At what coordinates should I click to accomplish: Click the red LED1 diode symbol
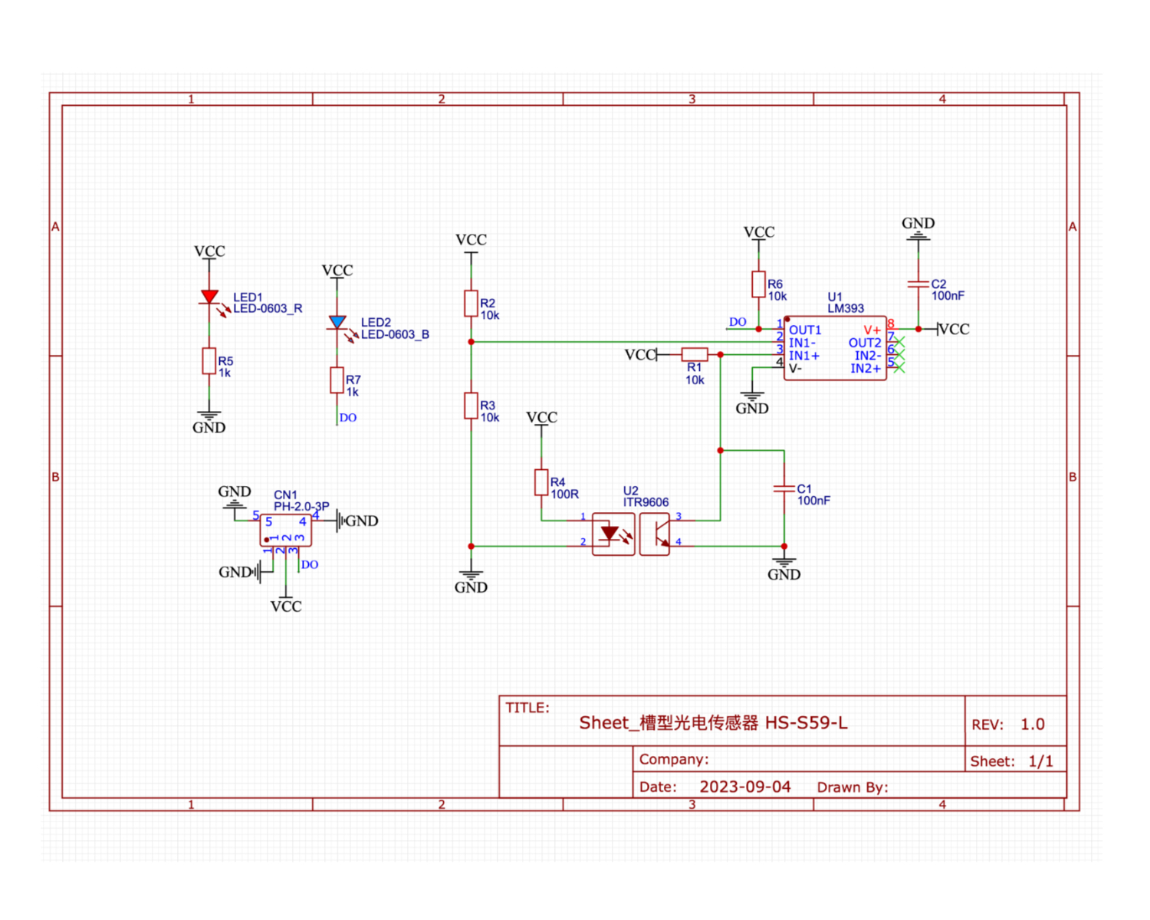(209, 297)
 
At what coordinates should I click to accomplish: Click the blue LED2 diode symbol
(337, 322)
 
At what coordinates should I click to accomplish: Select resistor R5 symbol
(209, 361)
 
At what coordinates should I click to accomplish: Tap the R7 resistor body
(337, 380)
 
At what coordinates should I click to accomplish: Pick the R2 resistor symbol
(472, 304)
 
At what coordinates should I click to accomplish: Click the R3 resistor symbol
(472, 406)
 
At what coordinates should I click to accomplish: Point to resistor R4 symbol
(541, 482)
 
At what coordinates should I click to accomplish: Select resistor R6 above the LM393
(758, 284)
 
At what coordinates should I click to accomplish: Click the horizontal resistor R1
(695, 354)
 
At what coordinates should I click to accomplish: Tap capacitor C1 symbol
(784, 488)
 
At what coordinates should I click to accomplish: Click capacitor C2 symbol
(918, 284)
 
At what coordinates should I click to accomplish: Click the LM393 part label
(846, 308)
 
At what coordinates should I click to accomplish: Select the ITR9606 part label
(646, 502)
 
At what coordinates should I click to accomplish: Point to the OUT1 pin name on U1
(805, 330)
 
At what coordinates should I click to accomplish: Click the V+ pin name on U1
(872, 330)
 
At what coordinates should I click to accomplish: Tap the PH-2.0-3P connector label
(301, 507)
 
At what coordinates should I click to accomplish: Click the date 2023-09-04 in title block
(744, 787)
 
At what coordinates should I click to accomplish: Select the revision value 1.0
(1032, 724)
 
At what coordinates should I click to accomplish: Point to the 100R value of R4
(565, 495)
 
